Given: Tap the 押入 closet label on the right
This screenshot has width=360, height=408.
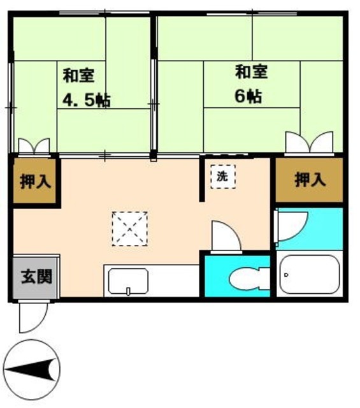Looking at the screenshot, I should coord(310,180).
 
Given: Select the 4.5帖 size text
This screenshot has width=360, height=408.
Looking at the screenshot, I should coord(87,100).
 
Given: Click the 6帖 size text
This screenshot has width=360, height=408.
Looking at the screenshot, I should coord(248,96).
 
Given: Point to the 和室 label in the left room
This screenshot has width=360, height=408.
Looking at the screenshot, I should coord(78,76).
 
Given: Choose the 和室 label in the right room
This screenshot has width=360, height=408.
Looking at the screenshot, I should coord(250,71).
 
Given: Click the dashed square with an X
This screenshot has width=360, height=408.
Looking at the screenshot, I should coord(130,228).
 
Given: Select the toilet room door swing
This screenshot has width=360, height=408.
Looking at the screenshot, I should coord(226,236).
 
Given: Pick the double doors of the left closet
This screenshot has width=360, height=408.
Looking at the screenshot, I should coord(34,147).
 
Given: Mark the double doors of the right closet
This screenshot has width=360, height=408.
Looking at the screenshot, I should coord(310,143).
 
